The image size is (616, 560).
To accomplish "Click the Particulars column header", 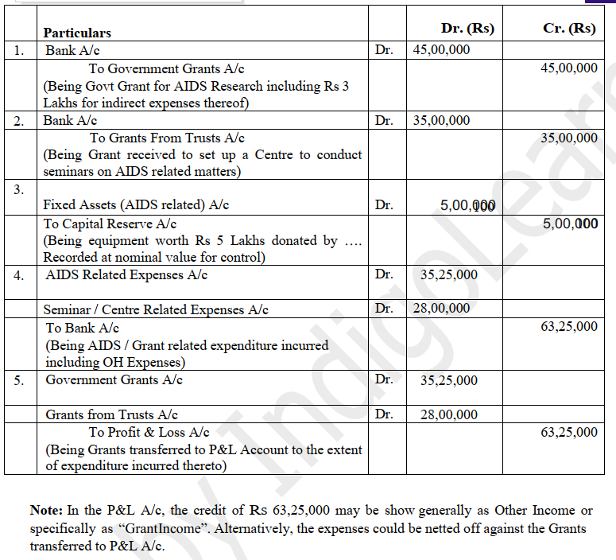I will coord(77,33).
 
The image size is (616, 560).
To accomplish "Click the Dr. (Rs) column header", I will coord(467,28).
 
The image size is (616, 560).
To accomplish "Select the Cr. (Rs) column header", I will coord(569,28).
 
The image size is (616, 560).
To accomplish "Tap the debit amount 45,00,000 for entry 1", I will coord(442,50).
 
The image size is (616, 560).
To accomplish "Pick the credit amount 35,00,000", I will coord(569,138).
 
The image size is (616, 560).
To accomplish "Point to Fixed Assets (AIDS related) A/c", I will coord(136,205).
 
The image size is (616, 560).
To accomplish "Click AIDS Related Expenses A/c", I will coord(126,275).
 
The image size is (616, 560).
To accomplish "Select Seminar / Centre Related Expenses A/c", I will coord(156,309).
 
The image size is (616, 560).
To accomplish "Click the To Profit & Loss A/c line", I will coord(149,432).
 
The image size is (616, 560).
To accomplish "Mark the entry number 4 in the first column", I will coord(18,275).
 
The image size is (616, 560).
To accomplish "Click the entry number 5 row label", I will coord(18,379).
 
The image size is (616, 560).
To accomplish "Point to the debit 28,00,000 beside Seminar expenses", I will coord(442,309).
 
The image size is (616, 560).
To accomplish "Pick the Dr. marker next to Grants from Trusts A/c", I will coord(384,414).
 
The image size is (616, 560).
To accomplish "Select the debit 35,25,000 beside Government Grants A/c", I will coord(449,380).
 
